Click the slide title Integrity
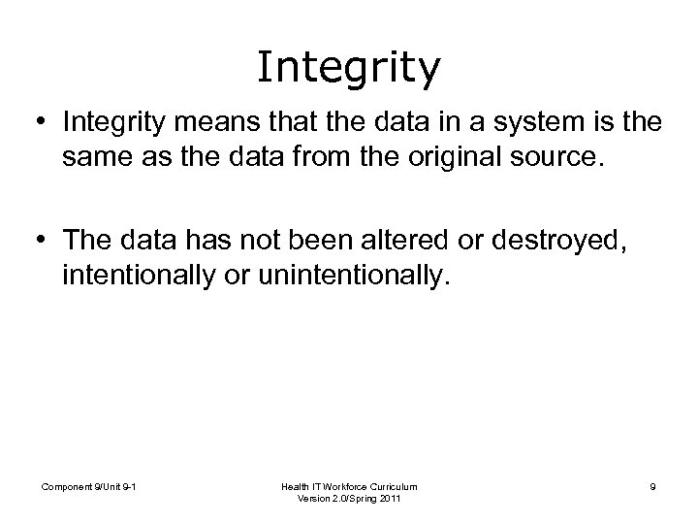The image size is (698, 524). (349, 67)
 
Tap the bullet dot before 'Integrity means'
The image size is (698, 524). (43, 124)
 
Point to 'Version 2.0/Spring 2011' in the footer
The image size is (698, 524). (350, 500)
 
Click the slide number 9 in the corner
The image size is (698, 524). (652, 486)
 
